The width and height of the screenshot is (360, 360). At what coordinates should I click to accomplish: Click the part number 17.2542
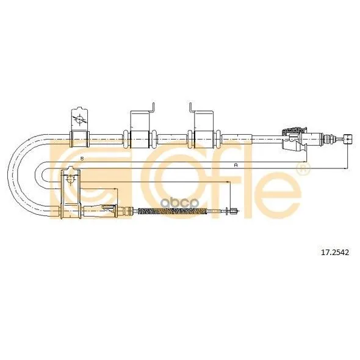tap(334, 253)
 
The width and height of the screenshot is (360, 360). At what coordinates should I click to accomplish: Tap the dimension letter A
tap(236, 165)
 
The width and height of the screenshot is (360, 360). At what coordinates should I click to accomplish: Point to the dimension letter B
tap(82, 159)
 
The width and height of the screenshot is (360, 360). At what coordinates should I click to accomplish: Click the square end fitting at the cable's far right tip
tap(348, 139)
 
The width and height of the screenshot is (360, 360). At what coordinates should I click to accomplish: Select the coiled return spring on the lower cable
tap(173, 211)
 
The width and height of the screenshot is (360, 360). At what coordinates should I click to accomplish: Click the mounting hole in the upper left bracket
tap(79, 120)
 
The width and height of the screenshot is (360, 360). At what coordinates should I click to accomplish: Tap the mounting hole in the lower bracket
tap(70, 179)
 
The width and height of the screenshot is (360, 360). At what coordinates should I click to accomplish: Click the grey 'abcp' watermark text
tap(179, 203)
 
